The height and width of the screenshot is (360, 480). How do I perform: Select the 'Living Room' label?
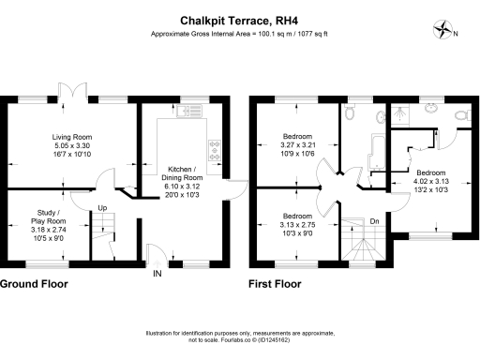71,138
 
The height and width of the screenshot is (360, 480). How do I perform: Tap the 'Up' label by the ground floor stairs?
102,207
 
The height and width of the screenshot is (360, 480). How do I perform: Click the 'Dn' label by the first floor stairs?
374,221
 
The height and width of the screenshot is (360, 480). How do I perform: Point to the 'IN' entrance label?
156,275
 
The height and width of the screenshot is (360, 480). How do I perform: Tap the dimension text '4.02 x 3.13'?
431,182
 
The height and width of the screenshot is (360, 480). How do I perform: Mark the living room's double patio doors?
72,97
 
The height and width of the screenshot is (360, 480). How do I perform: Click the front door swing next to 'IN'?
155,250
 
